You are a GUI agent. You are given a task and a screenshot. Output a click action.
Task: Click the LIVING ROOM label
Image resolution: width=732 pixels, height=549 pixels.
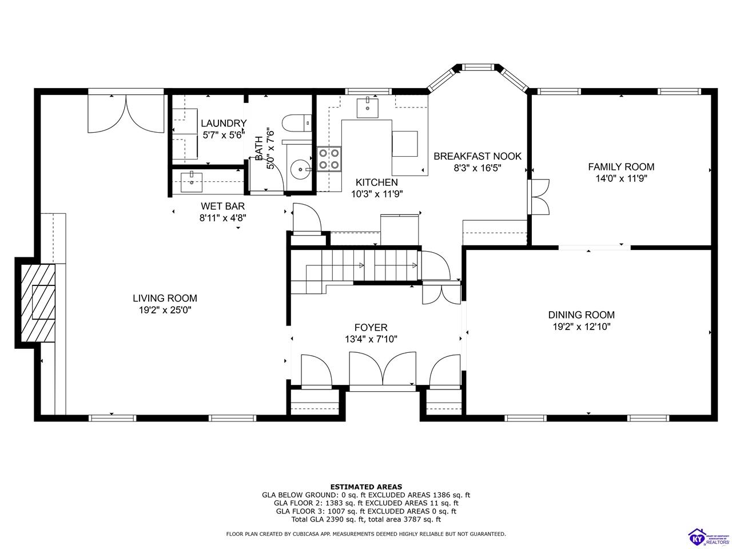(165, 298)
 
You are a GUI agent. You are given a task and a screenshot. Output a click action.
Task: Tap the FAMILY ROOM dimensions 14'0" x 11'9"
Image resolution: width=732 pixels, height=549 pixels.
(621, 178)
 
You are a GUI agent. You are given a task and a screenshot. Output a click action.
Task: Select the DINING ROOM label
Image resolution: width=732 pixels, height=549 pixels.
(581, 315)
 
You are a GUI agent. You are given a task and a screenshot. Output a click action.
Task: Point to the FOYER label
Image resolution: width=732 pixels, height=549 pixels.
(371, 328)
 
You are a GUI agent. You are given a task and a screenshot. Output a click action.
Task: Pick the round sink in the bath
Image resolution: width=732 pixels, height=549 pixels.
(300, 169)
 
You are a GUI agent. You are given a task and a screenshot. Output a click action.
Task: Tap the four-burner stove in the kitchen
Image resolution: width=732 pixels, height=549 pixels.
(329, 159)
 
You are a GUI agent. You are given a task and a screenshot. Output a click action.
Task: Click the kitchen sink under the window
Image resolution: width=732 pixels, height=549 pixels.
(368, 107)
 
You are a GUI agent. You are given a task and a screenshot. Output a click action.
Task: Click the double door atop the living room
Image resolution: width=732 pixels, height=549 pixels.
(126, 114)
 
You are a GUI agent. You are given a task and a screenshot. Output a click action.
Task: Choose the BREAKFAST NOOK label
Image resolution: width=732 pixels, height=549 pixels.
(478, 156)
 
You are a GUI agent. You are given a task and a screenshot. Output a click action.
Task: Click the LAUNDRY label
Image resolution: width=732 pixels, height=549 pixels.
(224, 123)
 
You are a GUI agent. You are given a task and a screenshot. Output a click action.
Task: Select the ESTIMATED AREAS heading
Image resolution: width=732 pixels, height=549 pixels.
(366, 487)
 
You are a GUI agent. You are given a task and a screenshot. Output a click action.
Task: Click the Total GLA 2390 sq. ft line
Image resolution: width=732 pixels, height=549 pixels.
(366, 519)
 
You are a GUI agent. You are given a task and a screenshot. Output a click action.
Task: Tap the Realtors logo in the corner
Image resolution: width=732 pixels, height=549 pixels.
(709, 536)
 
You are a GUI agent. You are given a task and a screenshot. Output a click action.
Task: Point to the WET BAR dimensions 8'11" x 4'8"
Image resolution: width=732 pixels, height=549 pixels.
(223, 217)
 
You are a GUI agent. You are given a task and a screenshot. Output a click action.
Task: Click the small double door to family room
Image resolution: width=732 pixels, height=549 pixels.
(539, 197)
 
